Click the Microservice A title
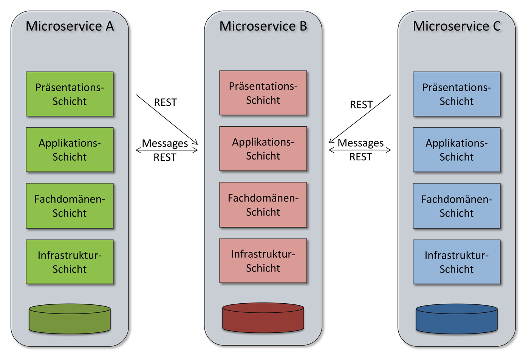click(70, 26)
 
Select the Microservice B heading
click(263, 26)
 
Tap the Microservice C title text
click(456, 26)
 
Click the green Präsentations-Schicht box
click(70, 94)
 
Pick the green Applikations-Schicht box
click(70, 150)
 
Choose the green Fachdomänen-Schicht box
click(70, 206)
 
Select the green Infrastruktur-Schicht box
click(70, 262)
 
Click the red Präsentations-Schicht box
click(263, 93)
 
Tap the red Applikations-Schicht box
click(263, 149)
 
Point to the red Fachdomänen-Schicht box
click(263, 205)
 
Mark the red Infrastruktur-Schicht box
click(263, 261)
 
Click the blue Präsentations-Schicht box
click(456, 94)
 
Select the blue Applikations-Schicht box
click(456, 150)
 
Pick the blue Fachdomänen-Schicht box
click(456, 206)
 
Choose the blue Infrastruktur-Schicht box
click(456, 262)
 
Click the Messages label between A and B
click(165, 143)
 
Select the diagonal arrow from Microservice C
click(360, 119)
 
